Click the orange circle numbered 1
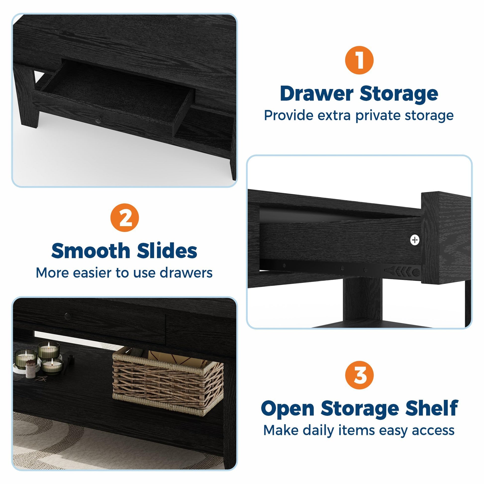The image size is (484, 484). [x=359, y=60]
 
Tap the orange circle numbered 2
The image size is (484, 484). [x=125, y=217]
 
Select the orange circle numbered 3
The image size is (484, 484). [x=359, y=375]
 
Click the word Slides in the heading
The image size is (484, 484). [x=167, y=251]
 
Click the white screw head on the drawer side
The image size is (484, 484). [x=415, y=240]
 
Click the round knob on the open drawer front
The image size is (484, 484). [x=98, y=121]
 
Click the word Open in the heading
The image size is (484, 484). [x=288, y=409]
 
